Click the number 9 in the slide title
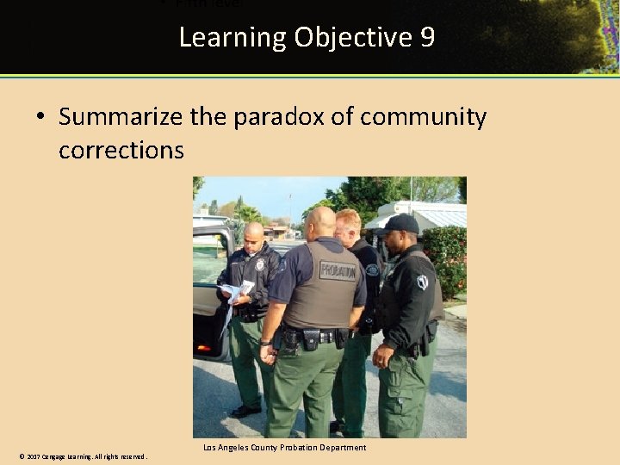[427, 38]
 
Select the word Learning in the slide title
[232, 38]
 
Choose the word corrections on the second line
[121, 150]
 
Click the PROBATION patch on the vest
[338, 271]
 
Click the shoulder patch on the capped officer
[422, 281]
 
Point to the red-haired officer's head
[348, 225]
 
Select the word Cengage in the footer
[57, 456]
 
